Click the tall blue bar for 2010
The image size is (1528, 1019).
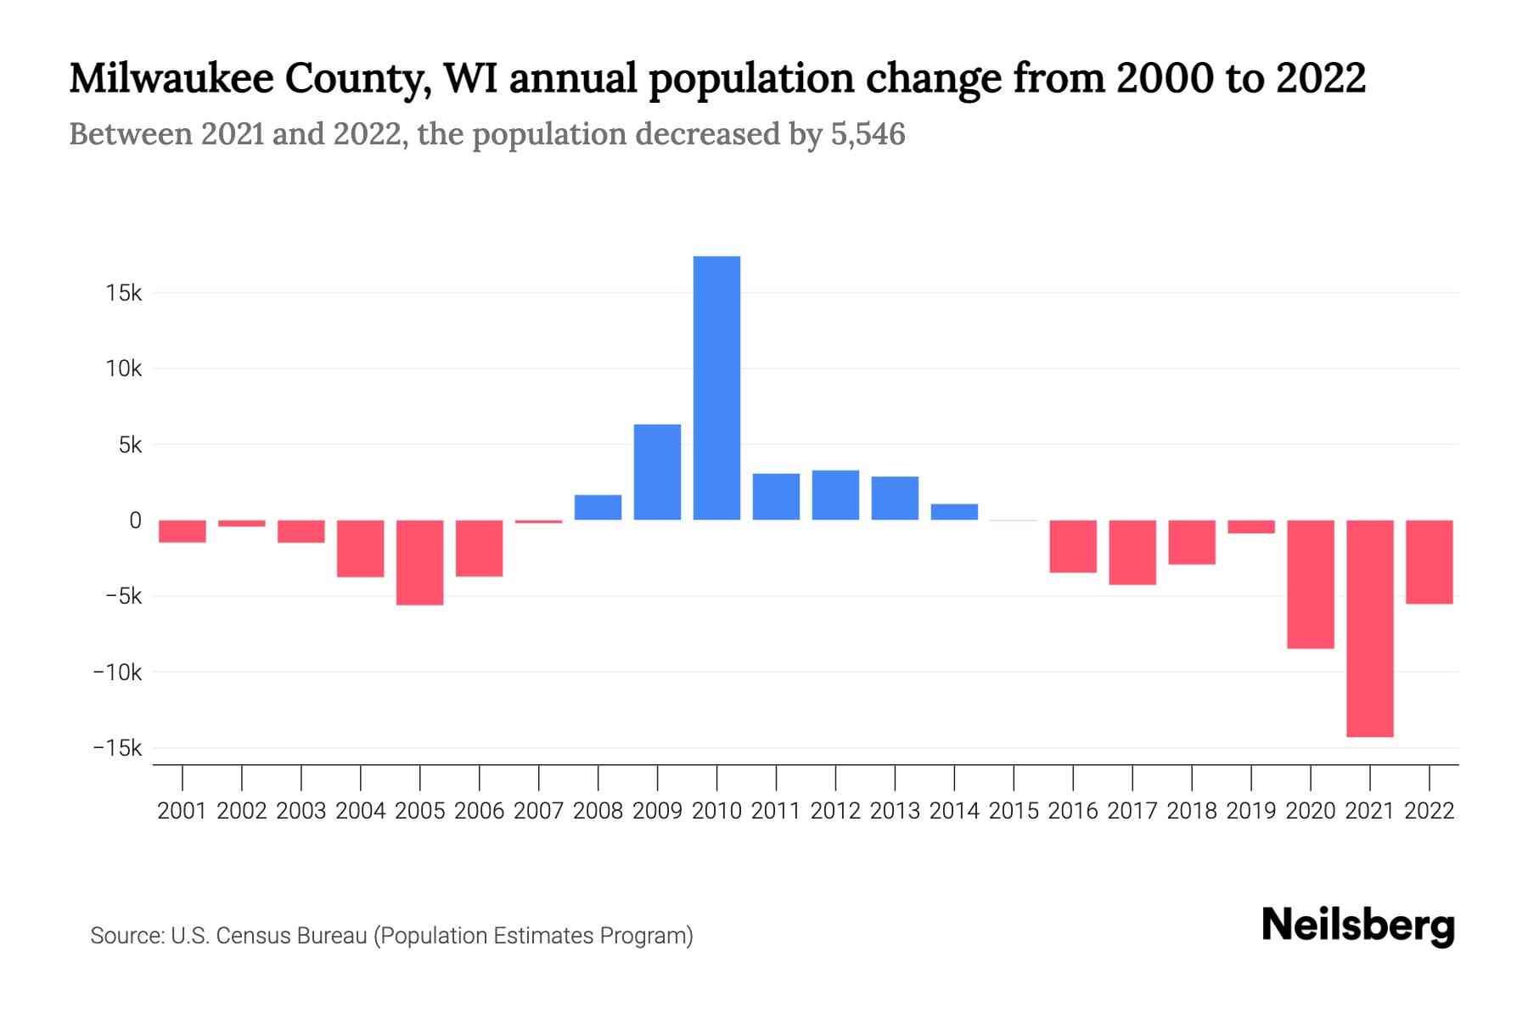[716, 388]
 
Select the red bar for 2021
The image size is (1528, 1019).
[1369, 628]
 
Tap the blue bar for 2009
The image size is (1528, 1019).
[657, 472]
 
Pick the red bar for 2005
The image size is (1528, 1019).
[419, 562]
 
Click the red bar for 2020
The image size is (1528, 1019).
[1310, 584]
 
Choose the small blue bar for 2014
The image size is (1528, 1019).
[954, 512]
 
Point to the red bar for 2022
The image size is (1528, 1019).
[1429, 561]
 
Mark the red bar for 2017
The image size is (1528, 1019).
[1132, 552]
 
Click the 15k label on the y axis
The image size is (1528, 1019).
[123, 294]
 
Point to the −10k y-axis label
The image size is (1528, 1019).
[117, 673]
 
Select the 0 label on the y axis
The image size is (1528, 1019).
[135, 521]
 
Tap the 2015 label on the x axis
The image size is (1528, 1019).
[1014, 811]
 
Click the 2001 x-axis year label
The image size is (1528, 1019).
[182, 811]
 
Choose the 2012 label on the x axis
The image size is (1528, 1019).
[835, 811]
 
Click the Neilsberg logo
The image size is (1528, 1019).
[1357, 926]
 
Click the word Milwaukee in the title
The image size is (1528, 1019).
[171, 78]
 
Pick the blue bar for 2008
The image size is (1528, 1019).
[598, 507]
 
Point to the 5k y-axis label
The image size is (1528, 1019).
[129, 445]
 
